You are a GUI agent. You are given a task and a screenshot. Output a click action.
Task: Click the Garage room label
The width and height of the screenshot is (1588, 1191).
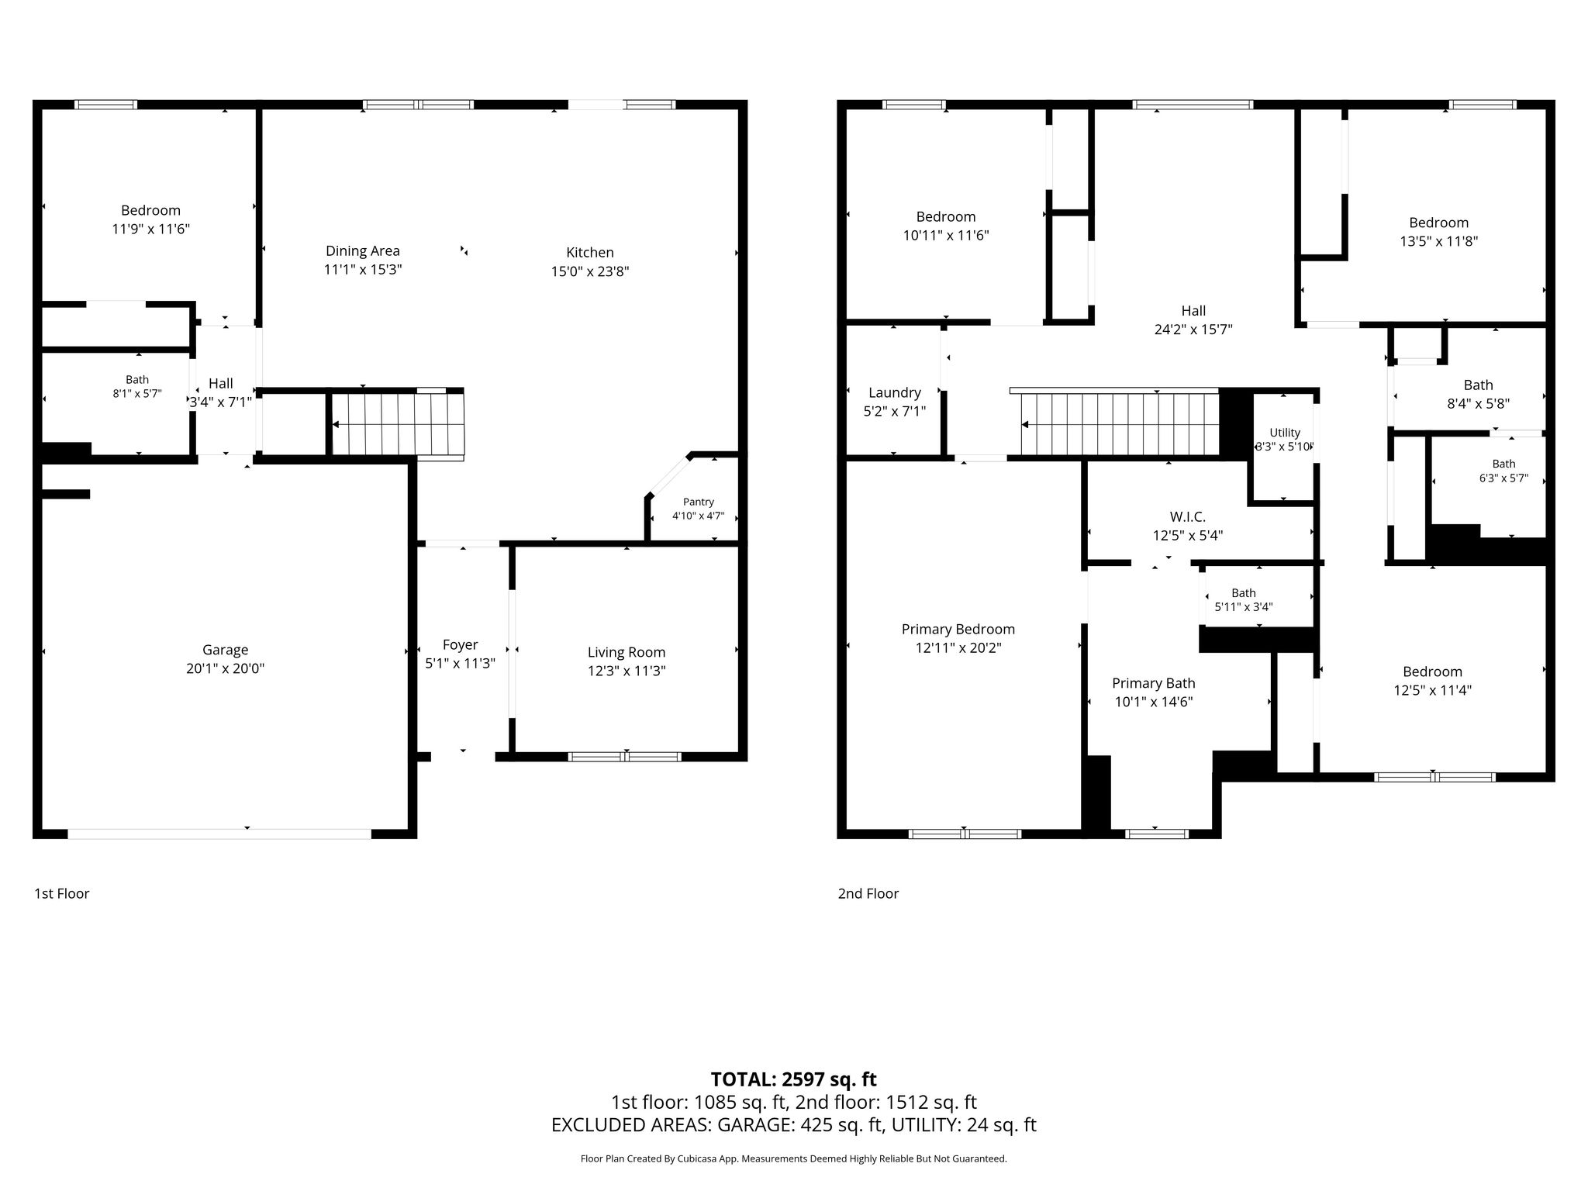225,650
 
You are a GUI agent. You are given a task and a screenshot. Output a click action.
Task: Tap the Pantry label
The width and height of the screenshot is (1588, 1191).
698,502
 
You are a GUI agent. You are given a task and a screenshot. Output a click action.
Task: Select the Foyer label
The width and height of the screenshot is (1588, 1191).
460,645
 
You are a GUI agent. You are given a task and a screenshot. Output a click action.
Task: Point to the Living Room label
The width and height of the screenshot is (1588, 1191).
626,653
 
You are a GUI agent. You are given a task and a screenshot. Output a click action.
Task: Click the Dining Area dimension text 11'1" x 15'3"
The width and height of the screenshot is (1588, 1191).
362,270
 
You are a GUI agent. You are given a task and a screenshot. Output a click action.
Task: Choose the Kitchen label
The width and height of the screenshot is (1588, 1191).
589,252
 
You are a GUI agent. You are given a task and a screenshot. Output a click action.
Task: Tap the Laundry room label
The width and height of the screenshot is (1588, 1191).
894,393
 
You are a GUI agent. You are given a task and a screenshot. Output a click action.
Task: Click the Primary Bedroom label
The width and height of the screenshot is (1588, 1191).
958,630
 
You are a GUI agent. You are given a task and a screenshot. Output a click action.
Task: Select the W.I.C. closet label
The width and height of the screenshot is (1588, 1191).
1187,516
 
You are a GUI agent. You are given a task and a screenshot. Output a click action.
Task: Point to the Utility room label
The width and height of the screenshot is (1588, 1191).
1285,433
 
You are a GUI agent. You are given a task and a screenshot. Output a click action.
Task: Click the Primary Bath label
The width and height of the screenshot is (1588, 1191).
1153,683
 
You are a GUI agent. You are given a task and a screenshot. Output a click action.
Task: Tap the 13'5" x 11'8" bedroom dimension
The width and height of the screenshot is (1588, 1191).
1438,241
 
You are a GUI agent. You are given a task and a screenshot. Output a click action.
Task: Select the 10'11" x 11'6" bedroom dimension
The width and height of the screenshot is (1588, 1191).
945,235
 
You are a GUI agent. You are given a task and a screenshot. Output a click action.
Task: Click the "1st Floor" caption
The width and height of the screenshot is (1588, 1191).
61,893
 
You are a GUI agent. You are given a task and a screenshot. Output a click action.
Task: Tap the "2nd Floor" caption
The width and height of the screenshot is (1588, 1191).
868,893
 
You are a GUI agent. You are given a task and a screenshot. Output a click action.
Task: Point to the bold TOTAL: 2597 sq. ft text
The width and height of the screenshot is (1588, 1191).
793,1079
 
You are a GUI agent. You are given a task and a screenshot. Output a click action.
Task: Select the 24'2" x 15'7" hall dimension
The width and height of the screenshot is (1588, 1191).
1193,330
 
